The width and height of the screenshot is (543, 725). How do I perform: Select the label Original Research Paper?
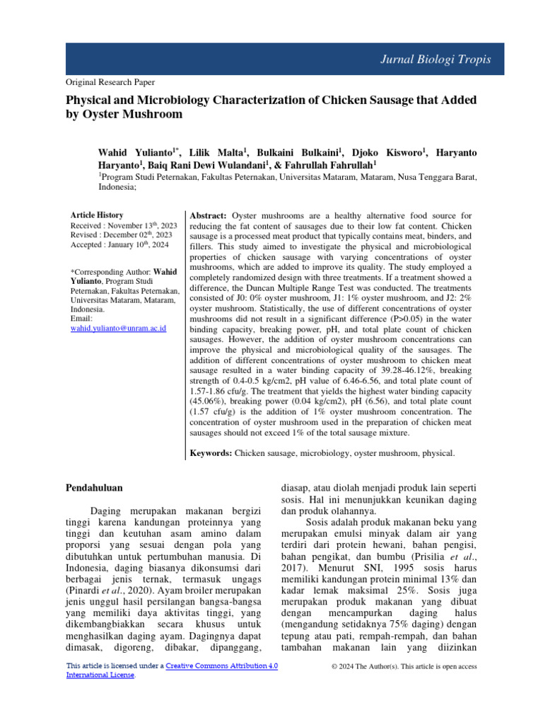click(110, 82)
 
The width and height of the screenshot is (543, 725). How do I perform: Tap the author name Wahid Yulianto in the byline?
click(134, 153)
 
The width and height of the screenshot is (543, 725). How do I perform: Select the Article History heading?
click(97, 215)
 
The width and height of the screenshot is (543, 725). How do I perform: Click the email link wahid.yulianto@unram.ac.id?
click(119, 329)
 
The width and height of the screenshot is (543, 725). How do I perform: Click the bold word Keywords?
click(212, 452)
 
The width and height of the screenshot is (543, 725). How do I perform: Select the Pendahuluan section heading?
click(95, 487)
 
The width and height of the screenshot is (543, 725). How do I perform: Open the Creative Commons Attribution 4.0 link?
click(221, 666)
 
